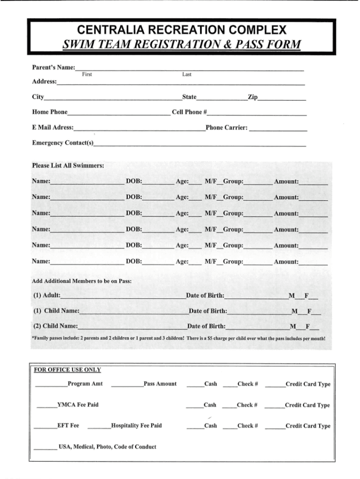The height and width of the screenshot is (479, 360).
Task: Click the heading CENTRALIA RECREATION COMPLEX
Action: pyautogui.click(x=181, y=30)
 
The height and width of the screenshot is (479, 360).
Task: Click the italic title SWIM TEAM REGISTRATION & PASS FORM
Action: pyautogui.click(x=181, y=45)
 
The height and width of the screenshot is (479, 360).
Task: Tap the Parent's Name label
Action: pyautogui.click(x=53, y=68)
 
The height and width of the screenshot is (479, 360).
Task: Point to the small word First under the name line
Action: pyautogui.click(x=87, y=74)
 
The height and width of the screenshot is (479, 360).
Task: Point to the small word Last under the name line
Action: pyautogui.click(x=187, y=74)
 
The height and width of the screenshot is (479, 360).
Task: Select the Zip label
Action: pyautogui.click(x=252, y=97)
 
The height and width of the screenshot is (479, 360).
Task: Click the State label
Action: pyautogui.click(x=189, y=97)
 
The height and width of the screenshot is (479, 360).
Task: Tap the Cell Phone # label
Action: pyautogui.click(x=189, y=112)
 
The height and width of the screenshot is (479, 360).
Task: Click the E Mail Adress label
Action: pyautogui.click(x=52, y=127)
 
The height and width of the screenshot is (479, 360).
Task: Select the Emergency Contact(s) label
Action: pyautogui.click(x=63, y=143)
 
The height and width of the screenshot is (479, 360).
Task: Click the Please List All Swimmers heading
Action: pyautogui.click(x=68, y=165)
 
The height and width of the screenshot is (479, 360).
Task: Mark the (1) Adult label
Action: pyautogui.click(x=47, y=296)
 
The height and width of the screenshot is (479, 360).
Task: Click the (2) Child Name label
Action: pyautogui.click(x=55, y=326)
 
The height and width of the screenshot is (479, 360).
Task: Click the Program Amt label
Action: pyautogui.click(x=85, y=384)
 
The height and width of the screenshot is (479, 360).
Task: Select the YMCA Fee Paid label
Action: pyautogui.click(x=78, y=405)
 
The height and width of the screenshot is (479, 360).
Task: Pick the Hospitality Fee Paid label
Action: pyautogui.click(x=137, y=426)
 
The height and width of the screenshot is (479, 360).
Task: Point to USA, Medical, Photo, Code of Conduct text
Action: pyautogui.click(x=107, y=446)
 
